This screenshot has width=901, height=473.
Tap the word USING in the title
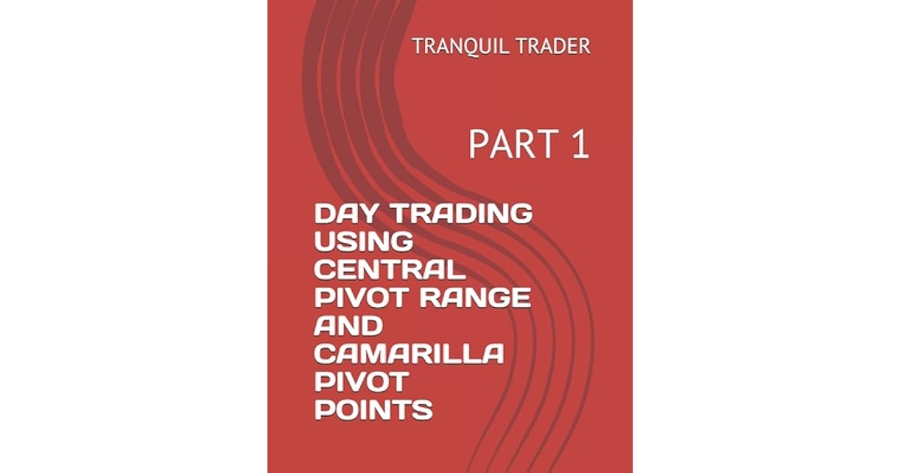[363, 242]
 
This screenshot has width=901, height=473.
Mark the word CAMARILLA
[408, 354]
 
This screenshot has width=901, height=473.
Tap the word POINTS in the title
[373, 411]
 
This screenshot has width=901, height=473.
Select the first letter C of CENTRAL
[324, 270]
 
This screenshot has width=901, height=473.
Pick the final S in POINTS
[424, 411]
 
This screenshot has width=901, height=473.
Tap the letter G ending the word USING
[402, 242]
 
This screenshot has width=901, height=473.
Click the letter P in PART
[478, 145]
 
